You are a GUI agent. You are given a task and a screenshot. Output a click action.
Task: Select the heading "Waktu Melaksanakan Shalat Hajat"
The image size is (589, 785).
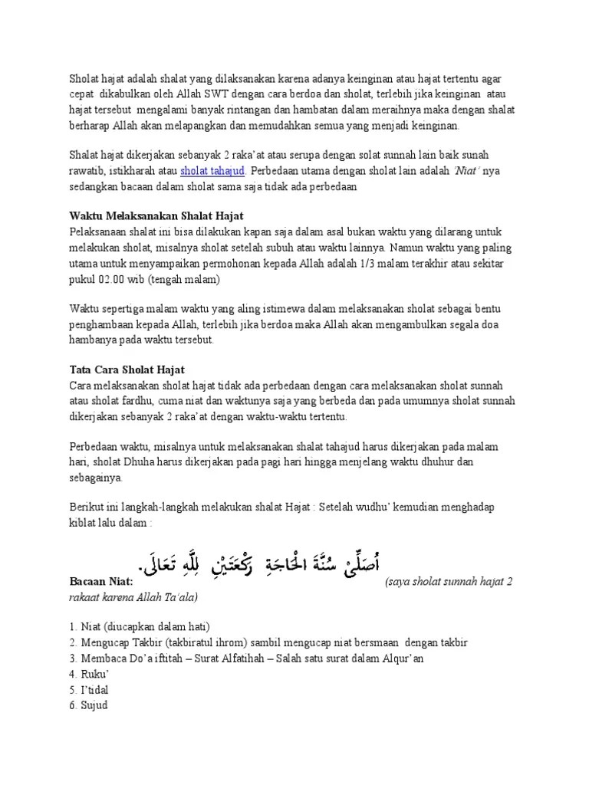tap(156, 216)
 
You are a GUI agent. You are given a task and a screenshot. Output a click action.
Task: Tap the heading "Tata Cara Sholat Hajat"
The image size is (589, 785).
tap(127, 370)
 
